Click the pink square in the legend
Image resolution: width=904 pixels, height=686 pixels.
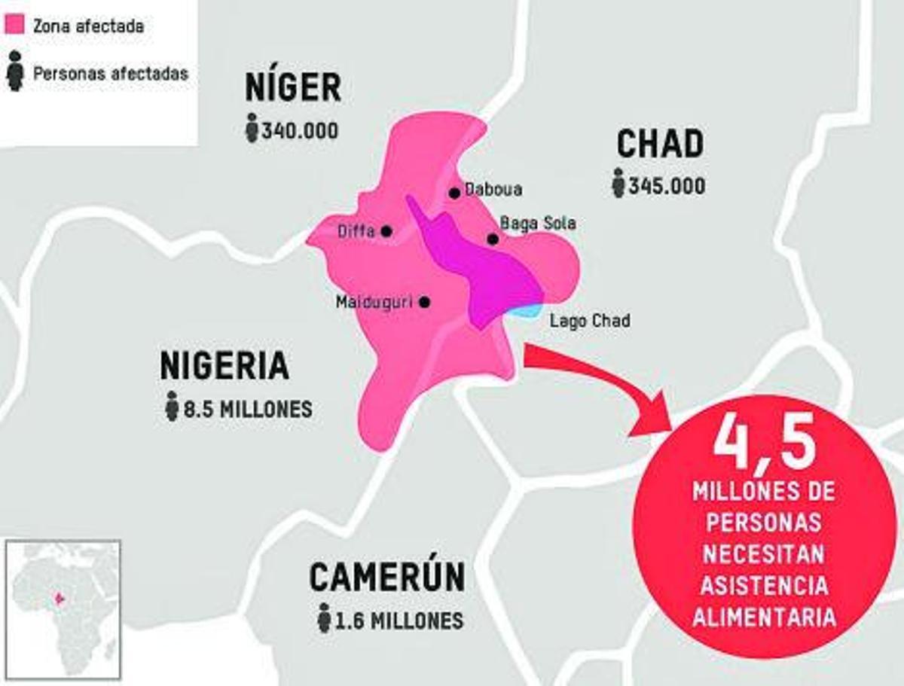[x=15, y=26]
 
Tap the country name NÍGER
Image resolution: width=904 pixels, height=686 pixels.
[x=293, y=88]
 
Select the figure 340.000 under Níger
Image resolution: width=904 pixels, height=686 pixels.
[x=300, y=130]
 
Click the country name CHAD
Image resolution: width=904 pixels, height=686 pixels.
[x=660, y=143]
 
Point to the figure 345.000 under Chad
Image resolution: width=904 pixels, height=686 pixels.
[x=667, y=185]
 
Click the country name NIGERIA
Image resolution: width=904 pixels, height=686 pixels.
[x=224, y=366]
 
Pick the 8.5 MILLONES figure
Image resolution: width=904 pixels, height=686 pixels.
[x=248, y=410]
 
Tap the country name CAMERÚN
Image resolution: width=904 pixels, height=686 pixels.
[x=386, y=578]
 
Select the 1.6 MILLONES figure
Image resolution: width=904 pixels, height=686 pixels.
[x=399, y=620]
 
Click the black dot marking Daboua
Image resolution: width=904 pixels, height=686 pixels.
[x=454, y=193]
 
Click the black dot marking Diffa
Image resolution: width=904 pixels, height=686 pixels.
[x=386, y=231]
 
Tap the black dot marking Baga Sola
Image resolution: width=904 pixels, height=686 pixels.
[x=493, y=239]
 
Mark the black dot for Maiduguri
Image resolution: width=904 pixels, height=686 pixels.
[x=424, y=302]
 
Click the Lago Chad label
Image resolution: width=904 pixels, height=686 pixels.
[x=590, y=321]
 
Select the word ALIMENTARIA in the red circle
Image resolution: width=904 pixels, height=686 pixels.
[x=764, y=617]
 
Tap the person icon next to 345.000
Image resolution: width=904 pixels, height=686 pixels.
[x=618, y=184]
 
